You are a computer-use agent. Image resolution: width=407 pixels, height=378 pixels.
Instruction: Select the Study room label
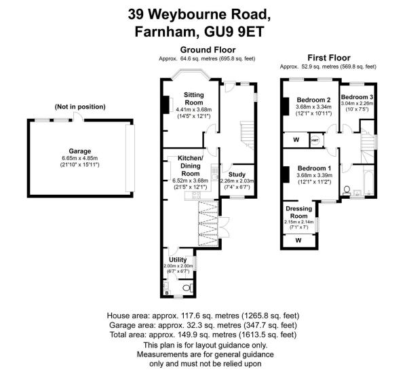coord(237,174)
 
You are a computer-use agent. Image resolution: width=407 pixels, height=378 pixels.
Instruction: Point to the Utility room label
coord(178,259)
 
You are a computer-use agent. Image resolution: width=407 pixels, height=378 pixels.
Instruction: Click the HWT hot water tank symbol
coord(315,140)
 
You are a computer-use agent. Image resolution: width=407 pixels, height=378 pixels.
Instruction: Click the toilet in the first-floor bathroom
coord(347,189)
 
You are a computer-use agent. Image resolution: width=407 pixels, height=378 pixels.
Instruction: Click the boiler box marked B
coord(168,292)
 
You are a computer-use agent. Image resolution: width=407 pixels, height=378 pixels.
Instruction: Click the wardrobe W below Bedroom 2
coord(295,140)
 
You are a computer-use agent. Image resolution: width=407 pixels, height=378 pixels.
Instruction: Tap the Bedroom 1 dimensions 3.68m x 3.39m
coord(313,175)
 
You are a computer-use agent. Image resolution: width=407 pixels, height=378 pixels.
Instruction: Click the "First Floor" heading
coord(328,58)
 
